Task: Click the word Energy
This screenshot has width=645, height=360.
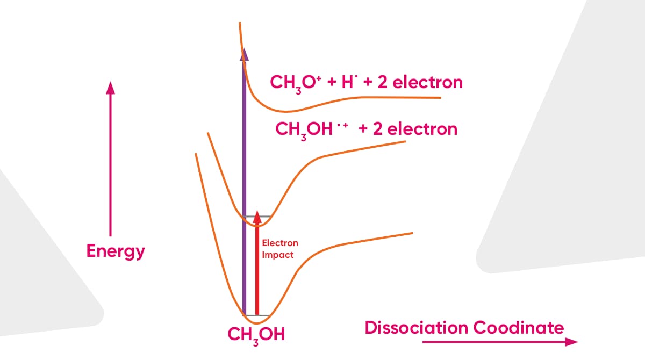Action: click(116, 251)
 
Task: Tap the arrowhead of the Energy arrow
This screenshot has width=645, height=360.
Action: click(110, 88)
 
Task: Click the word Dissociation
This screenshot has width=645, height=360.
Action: click(417, 327)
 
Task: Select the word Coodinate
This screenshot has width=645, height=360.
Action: click(518, 327)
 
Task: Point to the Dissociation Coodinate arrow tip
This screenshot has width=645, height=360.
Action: click(577, 342)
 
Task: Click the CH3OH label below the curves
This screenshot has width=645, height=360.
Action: click(256, 335)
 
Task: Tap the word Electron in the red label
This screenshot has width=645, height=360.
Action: click(280, 243)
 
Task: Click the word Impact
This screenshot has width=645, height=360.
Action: click(277, 255)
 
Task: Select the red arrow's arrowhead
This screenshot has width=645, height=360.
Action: click(257, 217)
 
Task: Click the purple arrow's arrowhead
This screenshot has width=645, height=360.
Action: click(244, 55)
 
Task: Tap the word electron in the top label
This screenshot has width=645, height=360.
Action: click(428, 82)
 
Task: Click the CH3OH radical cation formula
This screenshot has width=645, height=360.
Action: click(312, 130)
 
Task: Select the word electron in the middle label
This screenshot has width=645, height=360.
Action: click(422, 129)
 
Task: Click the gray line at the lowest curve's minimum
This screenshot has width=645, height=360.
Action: click(256, 316)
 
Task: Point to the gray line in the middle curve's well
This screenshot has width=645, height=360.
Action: click(257, 217)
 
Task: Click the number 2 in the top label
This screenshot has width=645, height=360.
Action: click(382, 82)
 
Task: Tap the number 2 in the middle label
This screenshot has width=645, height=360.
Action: click(377, 129)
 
